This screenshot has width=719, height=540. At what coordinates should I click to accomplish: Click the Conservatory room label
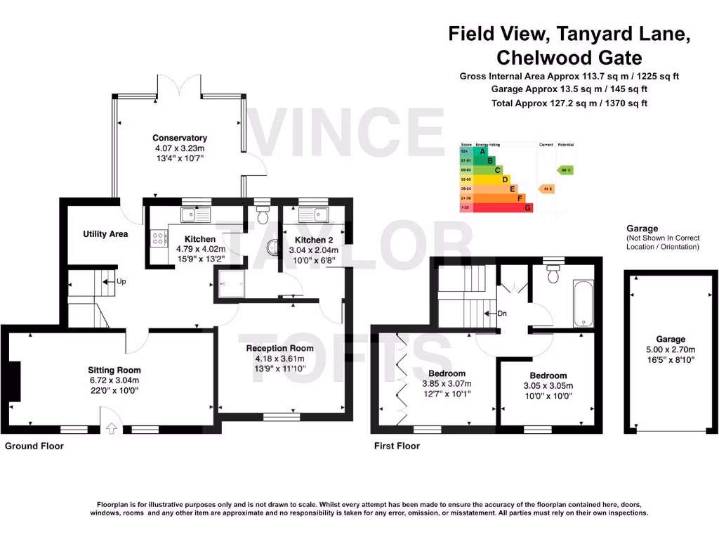coord(180,138)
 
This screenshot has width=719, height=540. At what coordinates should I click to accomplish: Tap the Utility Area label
coord(105,234)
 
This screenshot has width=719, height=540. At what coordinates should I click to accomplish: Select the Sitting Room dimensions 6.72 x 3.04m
coord(114,380)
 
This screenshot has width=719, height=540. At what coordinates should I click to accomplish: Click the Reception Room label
coord(279,348)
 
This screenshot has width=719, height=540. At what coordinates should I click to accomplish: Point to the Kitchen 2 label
coord(310,240)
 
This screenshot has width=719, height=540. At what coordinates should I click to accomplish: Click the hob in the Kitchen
coord(156,239)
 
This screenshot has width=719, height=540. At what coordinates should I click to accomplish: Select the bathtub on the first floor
coord(583,304)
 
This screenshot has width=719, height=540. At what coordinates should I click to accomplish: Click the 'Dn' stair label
coord(501,314)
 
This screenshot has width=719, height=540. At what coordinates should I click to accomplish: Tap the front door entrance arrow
coord(110,428)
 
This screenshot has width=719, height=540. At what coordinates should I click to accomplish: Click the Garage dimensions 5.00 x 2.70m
coord(671,349)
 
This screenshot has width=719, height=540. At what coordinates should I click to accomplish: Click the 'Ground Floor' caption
coord(34,446)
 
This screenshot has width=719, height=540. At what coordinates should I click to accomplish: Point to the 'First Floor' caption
coord(397,446)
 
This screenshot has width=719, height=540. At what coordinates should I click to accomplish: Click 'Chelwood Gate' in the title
coord(569,57)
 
